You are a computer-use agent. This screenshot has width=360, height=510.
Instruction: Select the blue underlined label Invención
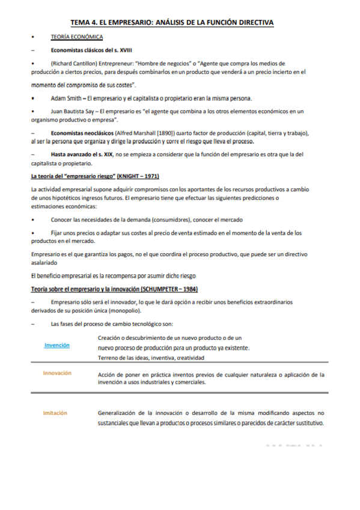point(57,345)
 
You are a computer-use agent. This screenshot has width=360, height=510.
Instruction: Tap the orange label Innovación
point(57,373)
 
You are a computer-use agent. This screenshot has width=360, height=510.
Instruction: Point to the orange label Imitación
point(55,413)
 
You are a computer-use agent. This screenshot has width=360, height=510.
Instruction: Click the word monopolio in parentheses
point(123,311)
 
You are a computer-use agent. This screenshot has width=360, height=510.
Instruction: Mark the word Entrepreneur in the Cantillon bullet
point(112,63)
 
